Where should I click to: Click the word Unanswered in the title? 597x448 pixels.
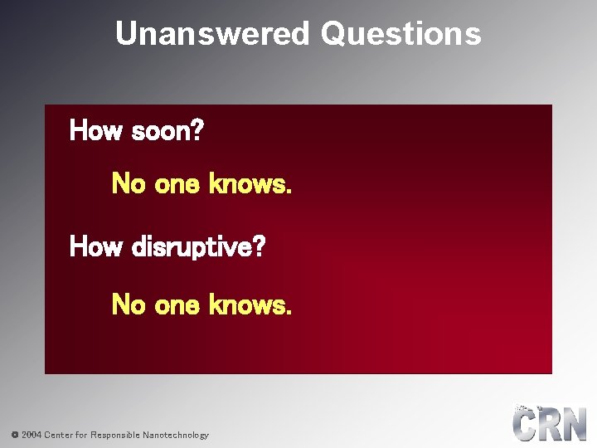pos(212,34)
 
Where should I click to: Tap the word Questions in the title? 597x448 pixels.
pos(400,34)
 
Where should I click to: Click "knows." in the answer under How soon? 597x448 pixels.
pos(250,183)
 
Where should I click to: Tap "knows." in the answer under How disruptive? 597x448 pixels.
pos(250,305)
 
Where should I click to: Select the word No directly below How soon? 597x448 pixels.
pos(129,183)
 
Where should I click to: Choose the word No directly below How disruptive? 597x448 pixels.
pos(129,305)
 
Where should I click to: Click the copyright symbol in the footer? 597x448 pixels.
pos(14,435)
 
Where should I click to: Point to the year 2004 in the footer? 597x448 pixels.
pos(32,435)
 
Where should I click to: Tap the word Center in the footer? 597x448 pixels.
pos(59,435)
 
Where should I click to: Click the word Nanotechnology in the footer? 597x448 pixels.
pos(176,435)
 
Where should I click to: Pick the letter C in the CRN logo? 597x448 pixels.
pos(527,425)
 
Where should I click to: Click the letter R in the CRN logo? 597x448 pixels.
pos(551,425)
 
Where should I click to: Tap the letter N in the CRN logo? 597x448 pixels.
pos(575,425)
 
